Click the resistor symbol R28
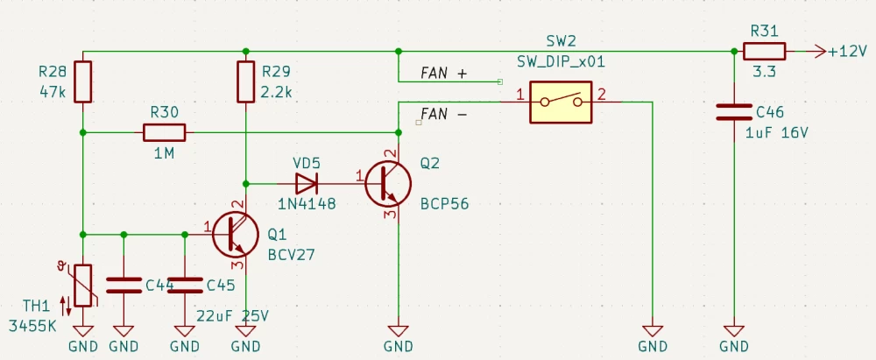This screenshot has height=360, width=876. (x=82, y=81)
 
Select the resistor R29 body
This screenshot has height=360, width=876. (x=246, y=81)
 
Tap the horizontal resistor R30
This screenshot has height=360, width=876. (x=164, y=132)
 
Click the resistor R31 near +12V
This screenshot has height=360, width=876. (x=765, y=52)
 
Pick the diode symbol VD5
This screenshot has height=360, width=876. (x=307, y=184)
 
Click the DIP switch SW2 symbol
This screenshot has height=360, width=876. (x=561, y=102)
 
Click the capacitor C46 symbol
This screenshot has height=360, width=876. (x=733, y=111)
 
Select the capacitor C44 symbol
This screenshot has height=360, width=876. (x=124, y=285)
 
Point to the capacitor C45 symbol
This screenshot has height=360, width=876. (x=185, y=285)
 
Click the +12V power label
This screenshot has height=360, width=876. (x=846, y=52)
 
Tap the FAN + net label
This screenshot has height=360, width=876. (x=444, y=74)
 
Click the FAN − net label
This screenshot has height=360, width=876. (x=444, y=114)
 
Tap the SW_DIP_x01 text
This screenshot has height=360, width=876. (x=561, y=63)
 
